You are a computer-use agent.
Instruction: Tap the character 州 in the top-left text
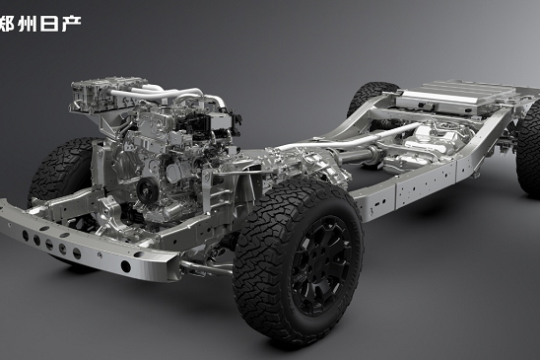click(x=28, y=24)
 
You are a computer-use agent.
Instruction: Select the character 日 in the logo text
click(x=50, y=24)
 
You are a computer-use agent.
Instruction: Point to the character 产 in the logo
click(x=72, y=24)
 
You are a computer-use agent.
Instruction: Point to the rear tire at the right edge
click(x=528, y=148)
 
